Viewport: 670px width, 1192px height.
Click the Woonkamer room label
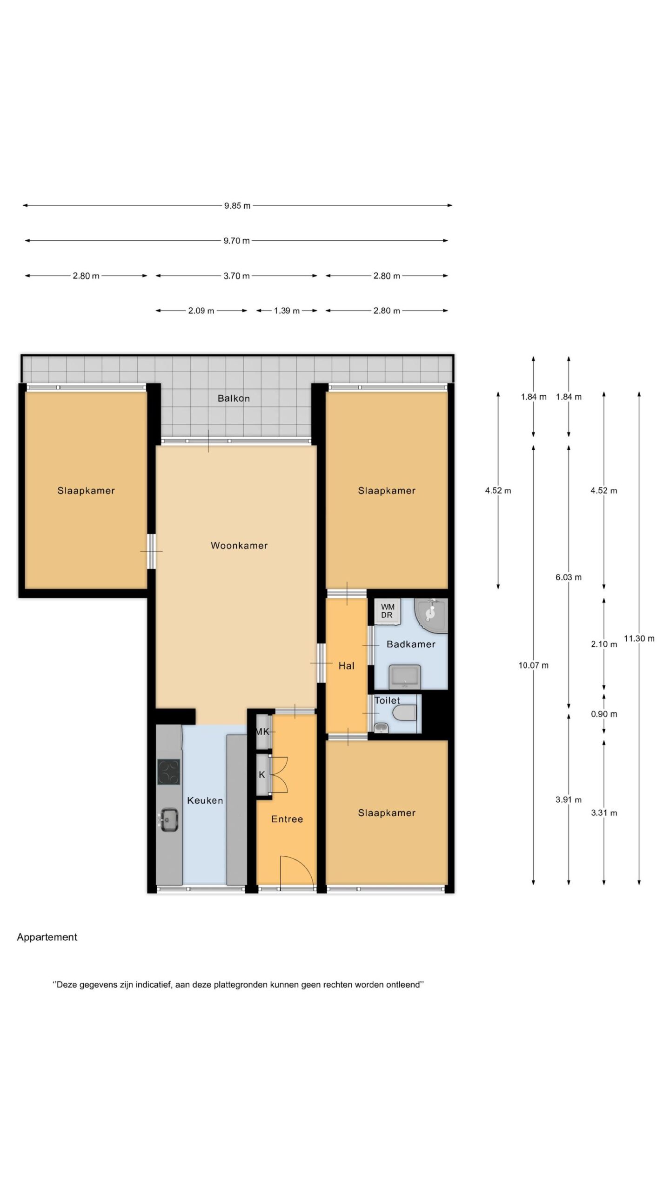coord(239,545)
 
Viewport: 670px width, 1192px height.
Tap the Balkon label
coord(234,398)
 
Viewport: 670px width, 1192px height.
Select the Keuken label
coord(205,800)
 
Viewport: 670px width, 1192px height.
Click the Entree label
coord(287,819)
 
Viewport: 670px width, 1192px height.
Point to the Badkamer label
coord(411,644)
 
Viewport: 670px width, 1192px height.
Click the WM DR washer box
coord(387,611)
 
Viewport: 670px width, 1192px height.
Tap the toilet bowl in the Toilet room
coord(404,713)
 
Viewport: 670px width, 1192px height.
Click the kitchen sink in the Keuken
coord(169,819)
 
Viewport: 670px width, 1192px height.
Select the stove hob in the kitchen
coord(169,772)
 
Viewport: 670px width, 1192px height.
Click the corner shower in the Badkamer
coord(431,615)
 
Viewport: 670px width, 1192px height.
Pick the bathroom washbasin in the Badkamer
coord(405,677)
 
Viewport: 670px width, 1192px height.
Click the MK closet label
coord(262,731)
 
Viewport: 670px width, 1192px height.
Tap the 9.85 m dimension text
coord(237,205)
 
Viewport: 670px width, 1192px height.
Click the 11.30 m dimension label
coord(639,638)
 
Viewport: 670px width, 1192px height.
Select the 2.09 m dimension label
coord(201,311)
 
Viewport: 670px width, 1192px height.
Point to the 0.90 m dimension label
coord(604,714)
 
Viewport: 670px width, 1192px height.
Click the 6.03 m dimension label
coord(569,577)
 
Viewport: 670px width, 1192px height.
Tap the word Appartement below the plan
coord(47,937)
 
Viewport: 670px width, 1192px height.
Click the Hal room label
coord(346,666)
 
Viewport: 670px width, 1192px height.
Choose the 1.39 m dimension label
coord(287,311)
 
